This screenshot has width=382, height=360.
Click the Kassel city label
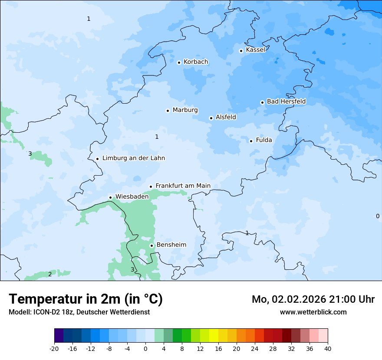click(x=255, y=50)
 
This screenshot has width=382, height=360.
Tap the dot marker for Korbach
click(x=179, y=62)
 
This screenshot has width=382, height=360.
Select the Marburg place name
click(x=185, y=110)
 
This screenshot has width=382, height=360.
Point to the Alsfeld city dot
click(x=211, y=118)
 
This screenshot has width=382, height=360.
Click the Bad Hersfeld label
click(x=286, y=101)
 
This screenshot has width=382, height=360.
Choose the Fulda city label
click(x=264, y=140)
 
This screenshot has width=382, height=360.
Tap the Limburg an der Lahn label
click(x=134, y=158)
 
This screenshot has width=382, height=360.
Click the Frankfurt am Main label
click(x=183, y=186)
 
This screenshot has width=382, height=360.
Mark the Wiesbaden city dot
click(x=111, y=197)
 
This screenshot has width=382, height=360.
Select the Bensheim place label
click(x=171, y=245)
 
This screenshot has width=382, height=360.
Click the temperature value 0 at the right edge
click(x=377, y=216)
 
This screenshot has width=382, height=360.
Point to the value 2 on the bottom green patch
click(x=50, y=274)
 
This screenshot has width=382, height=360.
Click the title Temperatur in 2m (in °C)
click(x=86, y=299)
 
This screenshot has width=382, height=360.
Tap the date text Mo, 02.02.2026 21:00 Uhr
click(x=313, y=299)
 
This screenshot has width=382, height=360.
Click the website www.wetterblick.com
click(x=313, y=312)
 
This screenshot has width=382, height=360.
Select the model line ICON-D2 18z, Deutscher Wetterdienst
click(x=79, y=312)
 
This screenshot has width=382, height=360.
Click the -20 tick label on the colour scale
click(x=54, y=348)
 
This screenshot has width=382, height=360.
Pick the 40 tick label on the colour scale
click(x=328, y=348)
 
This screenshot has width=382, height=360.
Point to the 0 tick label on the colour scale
click(x=145, y=348)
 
